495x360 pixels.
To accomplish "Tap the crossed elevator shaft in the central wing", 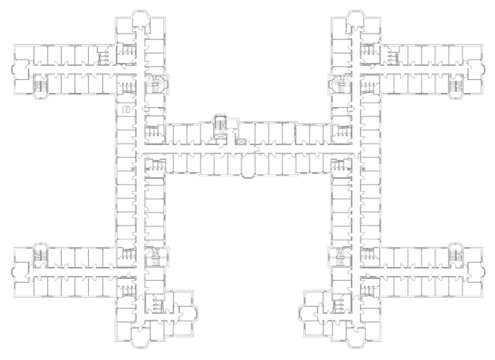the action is (241, 137).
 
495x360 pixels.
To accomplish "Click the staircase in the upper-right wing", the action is (457, 85).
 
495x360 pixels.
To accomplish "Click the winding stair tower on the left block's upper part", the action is (157, 83).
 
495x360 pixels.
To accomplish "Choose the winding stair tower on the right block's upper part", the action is (338, 83).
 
